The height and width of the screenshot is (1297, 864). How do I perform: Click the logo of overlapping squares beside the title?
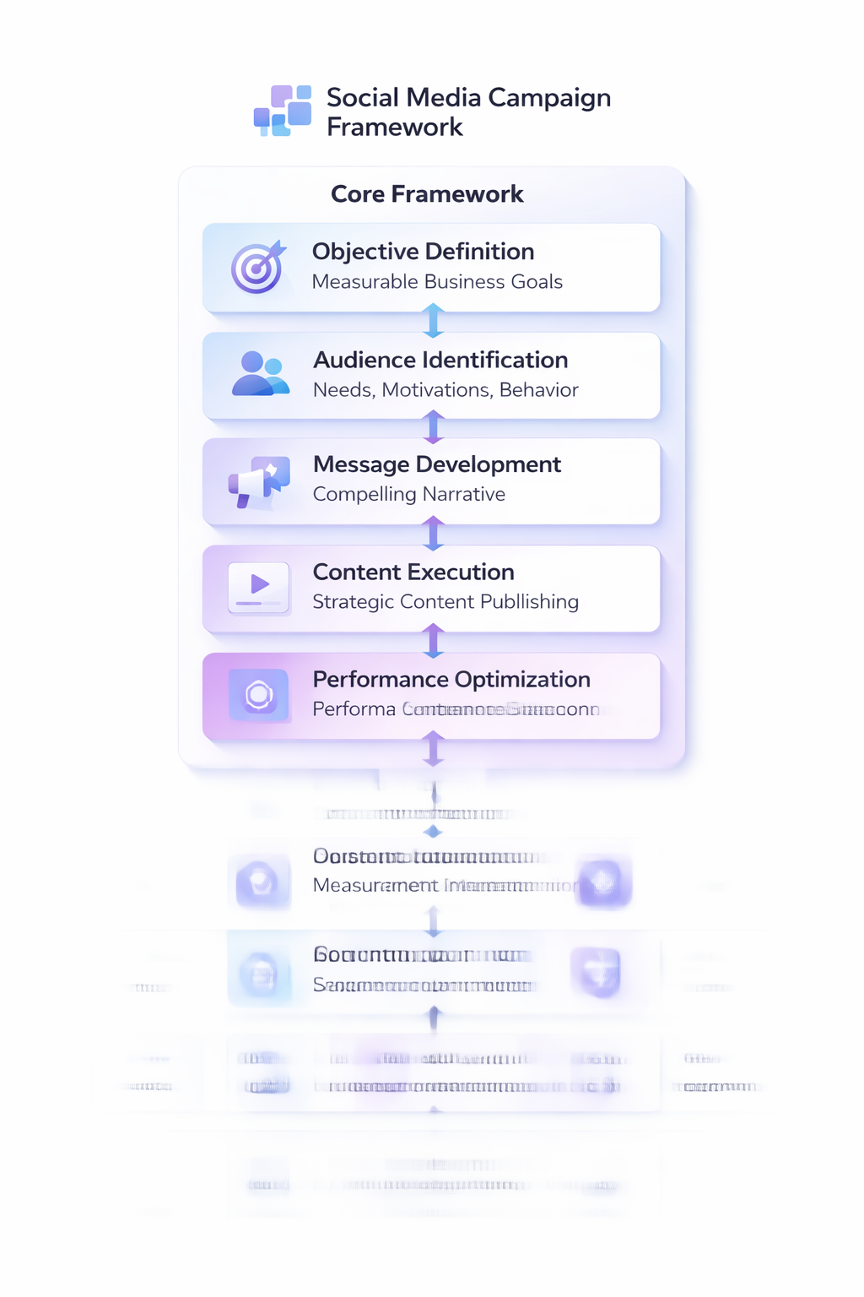[x=283, y=111]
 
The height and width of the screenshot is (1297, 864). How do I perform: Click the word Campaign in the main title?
[x=549, y=98]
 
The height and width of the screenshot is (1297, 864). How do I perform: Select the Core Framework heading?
[x=427, y=194]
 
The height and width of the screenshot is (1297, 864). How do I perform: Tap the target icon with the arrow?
[x=258, y=268]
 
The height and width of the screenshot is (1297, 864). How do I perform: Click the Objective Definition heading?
[x=423, y=252]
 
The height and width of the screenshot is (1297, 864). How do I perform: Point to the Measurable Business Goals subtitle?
[x=437, y=282]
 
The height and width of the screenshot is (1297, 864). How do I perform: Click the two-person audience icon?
[x=260, y=375]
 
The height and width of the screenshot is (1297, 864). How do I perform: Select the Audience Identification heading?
[x=440, y=361]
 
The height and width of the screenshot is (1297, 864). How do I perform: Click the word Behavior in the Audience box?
[x=539, y=390]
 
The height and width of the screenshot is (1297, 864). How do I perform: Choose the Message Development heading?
[x=436, y=464]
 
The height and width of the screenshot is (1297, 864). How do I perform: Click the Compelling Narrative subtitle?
[x=409, y=495]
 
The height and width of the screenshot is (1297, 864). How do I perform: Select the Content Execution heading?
[x=413, y=573]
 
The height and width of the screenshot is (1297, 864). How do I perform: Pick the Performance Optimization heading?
[x=451, y=680]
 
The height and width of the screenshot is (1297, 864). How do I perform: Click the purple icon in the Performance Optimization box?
[x=259, y=695]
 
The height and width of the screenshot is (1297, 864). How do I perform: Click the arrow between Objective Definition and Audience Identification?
[x=433, y=322]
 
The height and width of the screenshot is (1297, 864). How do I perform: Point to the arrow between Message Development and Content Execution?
[x=433, y=535]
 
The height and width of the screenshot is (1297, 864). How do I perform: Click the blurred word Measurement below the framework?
[x=375, y=886]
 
